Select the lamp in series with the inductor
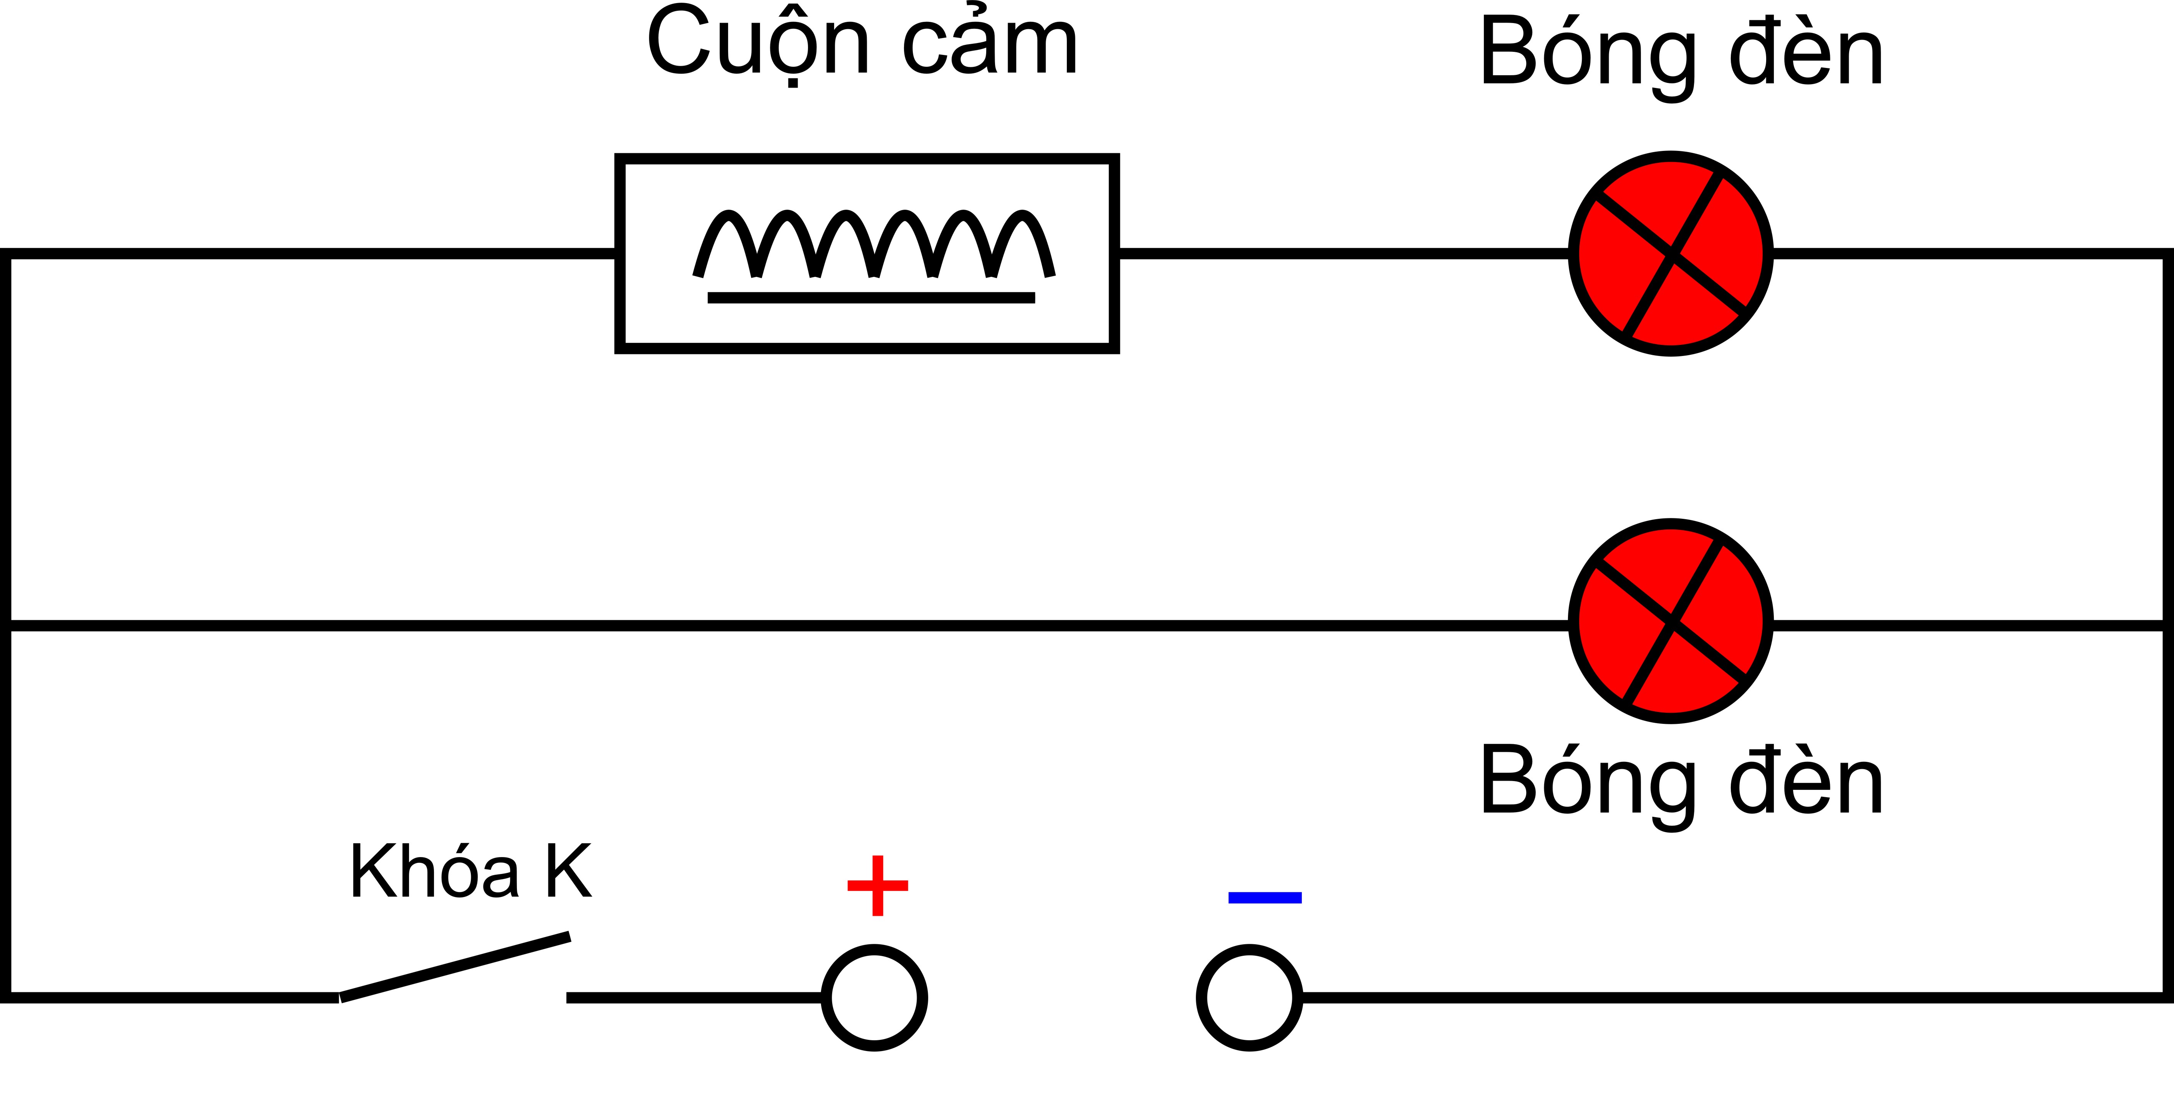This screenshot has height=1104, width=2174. pyautogui.click(x=1671, y=253)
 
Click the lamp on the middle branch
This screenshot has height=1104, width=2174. pyautogui.click(x=1671, y=621)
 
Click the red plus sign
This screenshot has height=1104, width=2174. pyautogui.click(x=878, y=886)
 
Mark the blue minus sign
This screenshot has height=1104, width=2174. pyautogui.click(x=1264, y=897)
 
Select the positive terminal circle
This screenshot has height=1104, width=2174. pyautogui.click(x=874, y=998)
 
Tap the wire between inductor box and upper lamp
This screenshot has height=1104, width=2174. pyautogui.click(x=1342, y=253)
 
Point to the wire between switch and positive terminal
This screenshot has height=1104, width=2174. pyautogui.click(x=694, y=998)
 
